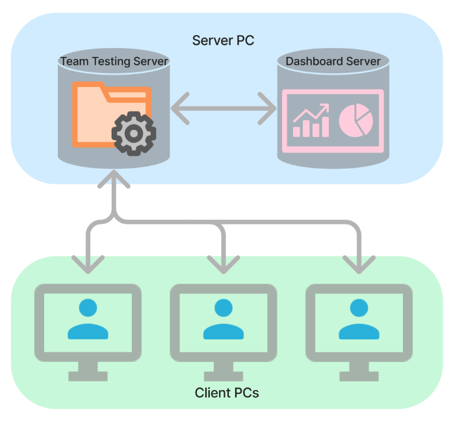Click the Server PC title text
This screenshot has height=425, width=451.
coord(223,40)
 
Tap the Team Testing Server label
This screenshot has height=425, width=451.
coord(114,62)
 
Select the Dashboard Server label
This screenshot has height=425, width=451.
coord(333,61)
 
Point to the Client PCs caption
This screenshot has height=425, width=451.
coord(227,393)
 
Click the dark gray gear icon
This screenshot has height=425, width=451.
coord(134,134)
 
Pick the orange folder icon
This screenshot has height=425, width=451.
coord(112,115)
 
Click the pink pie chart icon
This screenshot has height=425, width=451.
coord(356,120)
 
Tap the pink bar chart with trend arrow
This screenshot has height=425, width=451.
coord(311,120)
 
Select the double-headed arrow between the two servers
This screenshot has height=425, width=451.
coord(224,108)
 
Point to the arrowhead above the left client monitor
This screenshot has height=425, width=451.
coord(88,265)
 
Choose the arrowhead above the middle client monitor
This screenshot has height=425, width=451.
coord(224,265)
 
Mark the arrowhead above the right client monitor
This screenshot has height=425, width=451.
coord(359,265)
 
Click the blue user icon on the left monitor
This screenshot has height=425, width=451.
coord(88,319)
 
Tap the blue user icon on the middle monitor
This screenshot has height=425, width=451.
coord(224,319)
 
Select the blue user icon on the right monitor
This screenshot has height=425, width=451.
coord(359,319)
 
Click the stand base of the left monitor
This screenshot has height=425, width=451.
coord(88,376)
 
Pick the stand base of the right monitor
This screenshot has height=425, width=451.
coord(359,376)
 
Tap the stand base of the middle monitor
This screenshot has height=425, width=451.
coord(224,376)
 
